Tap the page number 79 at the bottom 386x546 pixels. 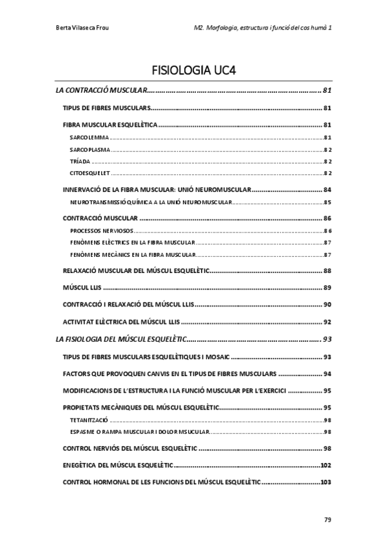[327, 519]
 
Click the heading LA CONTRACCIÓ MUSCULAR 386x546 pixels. [102, 90]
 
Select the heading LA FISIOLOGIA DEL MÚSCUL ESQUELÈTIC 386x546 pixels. [121, 338]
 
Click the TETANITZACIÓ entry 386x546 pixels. [89, 420]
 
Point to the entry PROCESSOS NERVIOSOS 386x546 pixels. [101, 231]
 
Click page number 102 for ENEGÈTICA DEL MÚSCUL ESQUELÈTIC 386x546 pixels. [325, 465]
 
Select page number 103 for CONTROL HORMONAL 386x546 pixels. [325, 482]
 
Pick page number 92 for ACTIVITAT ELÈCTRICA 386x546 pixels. [327, 321]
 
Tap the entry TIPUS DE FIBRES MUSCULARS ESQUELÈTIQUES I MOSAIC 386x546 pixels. [146, 357]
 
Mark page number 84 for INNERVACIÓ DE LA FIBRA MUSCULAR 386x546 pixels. [327, 190]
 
